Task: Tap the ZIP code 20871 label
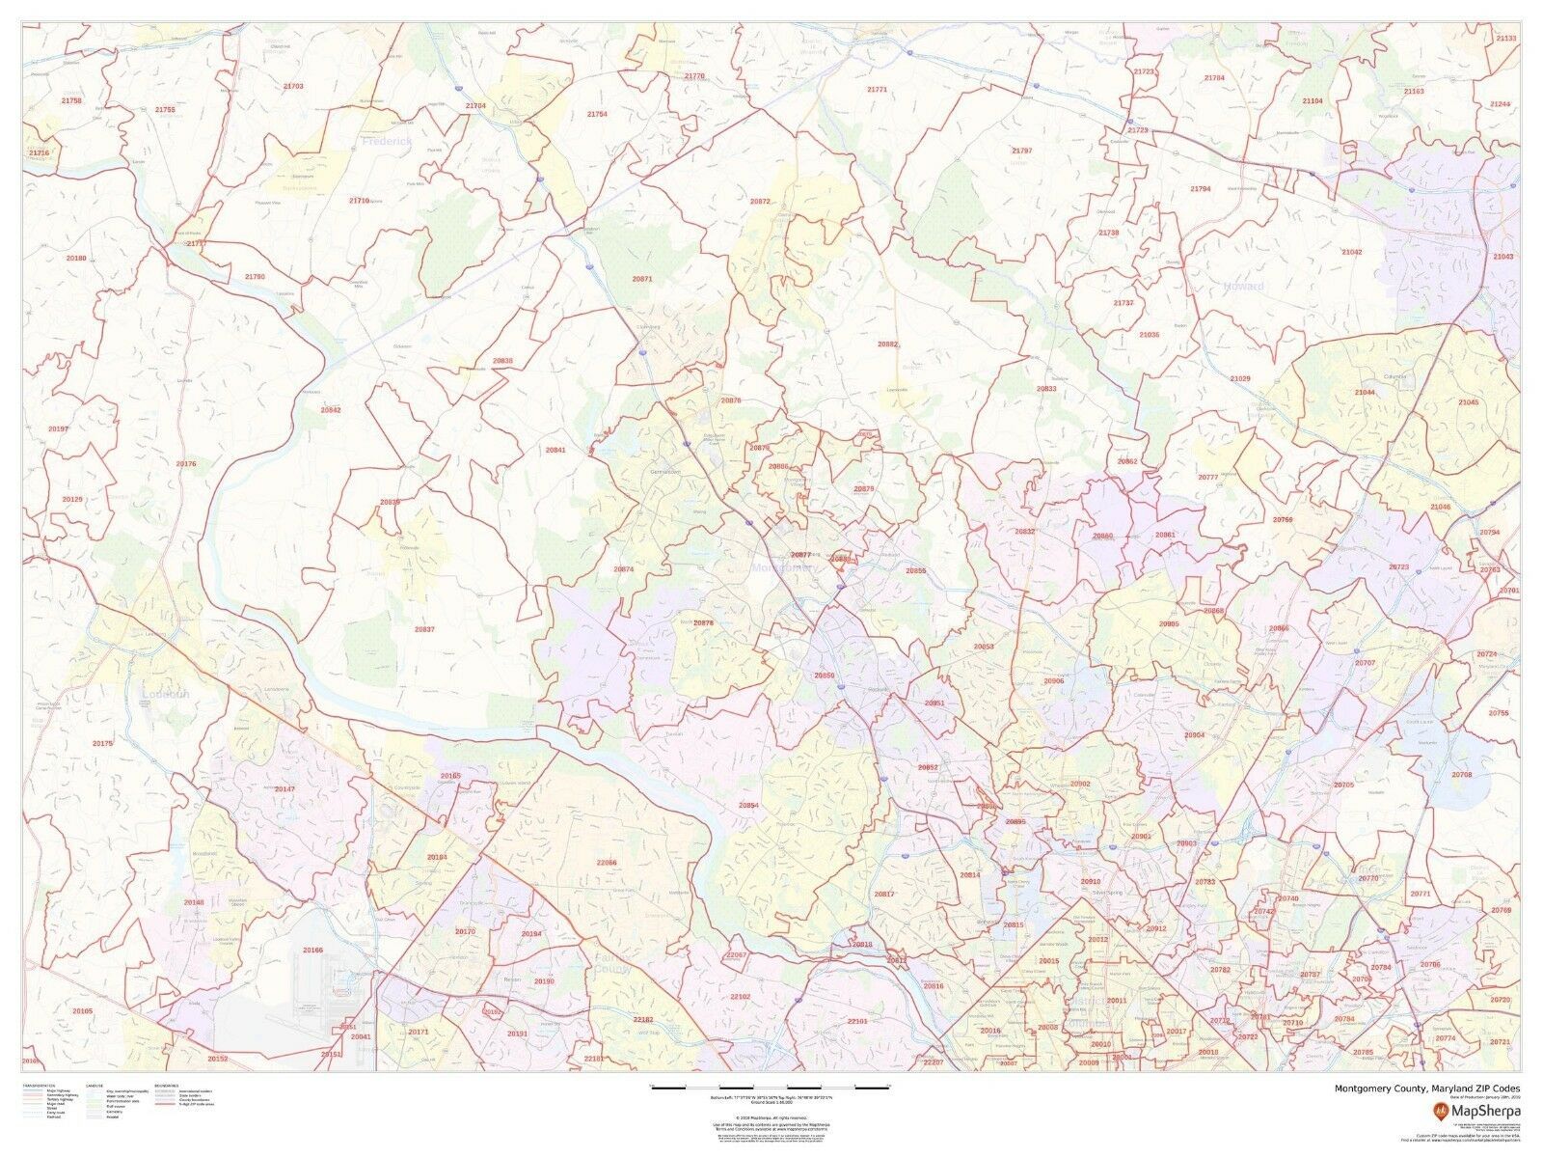(x=641, y=279)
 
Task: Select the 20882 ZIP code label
(x=887, y=344)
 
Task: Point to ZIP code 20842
(x=331, y=409)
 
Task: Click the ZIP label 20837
(x=424, y=629)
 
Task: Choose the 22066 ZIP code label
(x=607, y=862)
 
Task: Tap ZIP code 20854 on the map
(x=748, y=805)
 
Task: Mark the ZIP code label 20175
(x=102, y=743)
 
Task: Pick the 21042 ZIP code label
(x=1351, y=252)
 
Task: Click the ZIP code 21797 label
(x=1021, y=152)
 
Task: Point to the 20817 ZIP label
(x=883, y=895)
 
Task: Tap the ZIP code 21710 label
(x=359, y=200)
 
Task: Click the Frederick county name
(x=387, y=141)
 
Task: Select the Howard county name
(x=1242, y=287)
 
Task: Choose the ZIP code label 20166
(x=312, y=950)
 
